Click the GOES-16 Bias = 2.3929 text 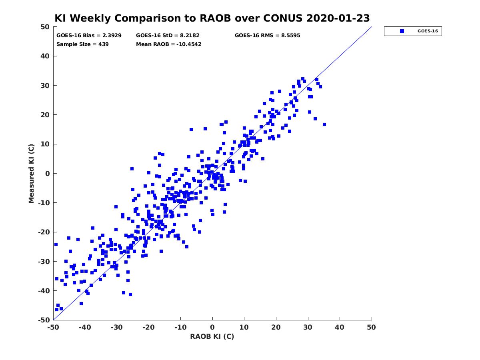point(89,36)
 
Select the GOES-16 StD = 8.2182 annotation point(168,36)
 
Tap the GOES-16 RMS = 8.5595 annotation point(267,36)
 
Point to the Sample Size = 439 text point(82,44)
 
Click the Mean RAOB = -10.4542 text point(169,44)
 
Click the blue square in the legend point(402,31)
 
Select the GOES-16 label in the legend point(428,31)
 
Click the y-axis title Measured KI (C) point(31,173)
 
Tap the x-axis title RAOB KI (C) point(212,336)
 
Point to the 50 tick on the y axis point(45,27)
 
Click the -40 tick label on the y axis point(44,291)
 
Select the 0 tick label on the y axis point(48,174)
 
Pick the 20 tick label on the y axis point(45,115)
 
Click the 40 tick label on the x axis point(339,327)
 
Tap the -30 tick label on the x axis point(116,327)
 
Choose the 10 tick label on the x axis point(244,327)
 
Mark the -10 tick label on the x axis point(180,327)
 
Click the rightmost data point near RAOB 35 point(324,124)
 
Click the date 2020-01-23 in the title point(338,18)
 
